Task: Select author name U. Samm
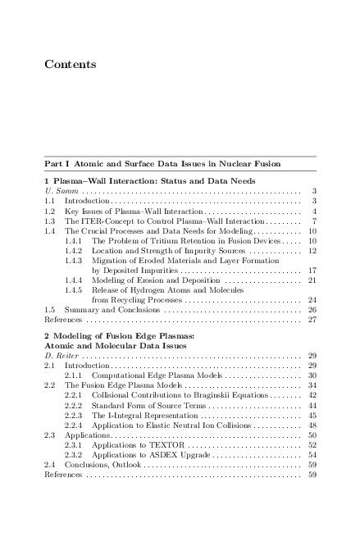coord(60,190)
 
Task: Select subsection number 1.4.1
coord(74,241)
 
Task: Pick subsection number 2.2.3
coord(74,415)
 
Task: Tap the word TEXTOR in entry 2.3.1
coord(157,444)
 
